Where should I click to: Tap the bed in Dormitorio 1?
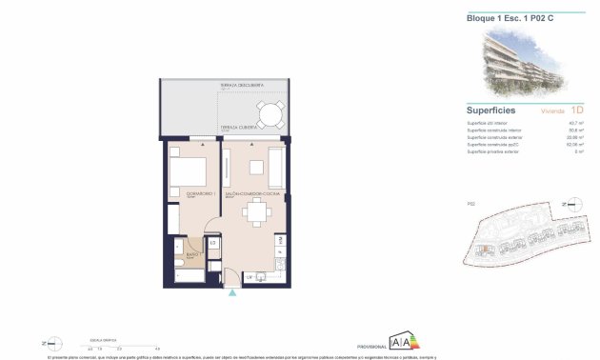coord(188,172)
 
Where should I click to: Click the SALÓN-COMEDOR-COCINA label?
coord(251,193)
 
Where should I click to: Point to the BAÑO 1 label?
coord(191,255)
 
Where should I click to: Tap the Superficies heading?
coord(491,110)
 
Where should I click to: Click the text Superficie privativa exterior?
coord(492,152)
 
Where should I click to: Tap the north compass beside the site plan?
coord(571,204)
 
